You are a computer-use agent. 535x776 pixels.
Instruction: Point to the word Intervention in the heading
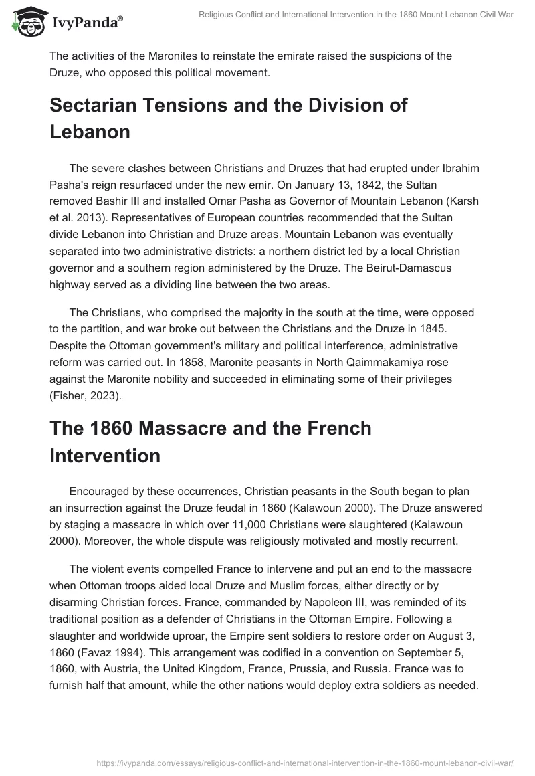pyautogui.click(x=105, y=456)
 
